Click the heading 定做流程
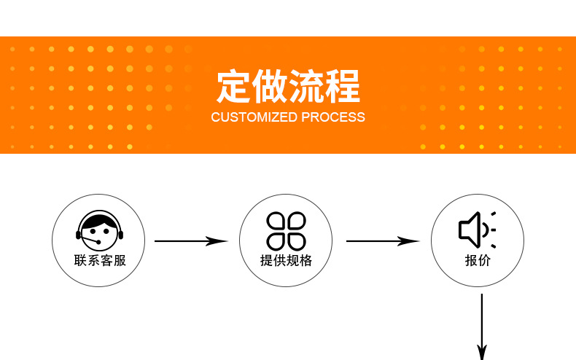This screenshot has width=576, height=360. [288, 87]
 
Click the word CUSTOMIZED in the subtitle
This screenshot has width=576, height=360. [254, 117]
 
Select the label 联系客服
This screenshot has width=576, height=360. [100, 260]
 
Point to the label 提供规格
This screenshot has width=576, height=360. [286, 260]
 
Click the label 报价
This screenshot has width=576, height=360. [478, 260]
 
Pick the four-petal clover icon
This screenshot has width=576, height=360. [286, 230]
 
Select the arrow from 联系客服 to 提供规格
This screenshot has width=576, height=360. [191, 240]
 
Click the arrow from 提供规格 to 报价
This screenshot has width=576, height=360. [383, 240]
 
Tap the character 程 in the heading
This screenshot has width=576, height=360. [343, 87]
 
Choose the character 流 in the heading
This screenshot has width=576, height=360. [306, 87]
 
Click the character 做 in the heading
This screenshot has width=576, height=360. [270, 87]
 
